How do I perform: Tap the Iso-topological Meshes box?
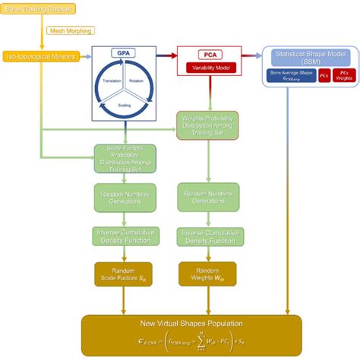[41, 58]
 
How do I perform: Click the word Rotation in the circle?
[136, 81]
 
